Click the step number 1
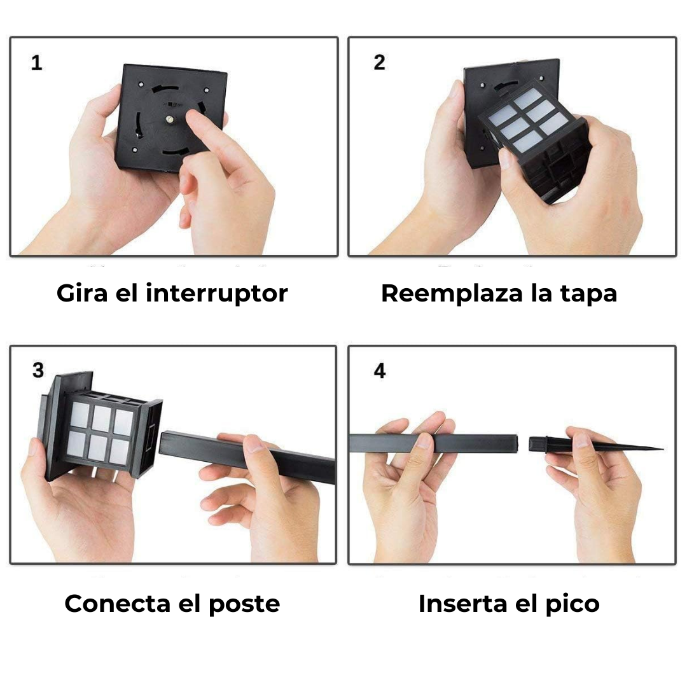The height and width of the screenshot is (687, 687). pyautogui.click(x=37, y=62)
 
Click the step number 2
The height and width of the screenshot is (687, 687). pyautogui.click(x=379, y=62)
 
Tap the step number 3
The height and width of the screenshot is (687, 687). pyautogui.click(x=38, y=370)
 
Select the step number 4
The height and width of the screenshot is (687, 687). pyautogui.click(x=380, y=371)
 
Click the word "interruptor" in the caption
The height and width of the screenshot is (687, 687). pyautogui.click(x=216, y=293)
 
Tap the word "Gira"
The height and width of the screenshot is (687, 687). pyautogui.click(x=82, y=293)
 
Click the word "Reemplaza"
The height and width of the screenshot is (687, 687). pyautogui.click(x=452, y=293)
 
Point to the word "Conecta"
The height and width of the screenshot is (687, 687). pyautogui.click(x=117, y=604)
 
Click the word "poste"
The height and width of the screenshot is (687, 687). pyautogui.click(x=244, y=605)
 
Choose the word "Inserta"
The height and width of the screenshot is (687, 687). pyautogui.click(x=463, y=604)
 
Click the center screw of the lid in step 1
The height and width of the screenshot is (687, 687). pyautogui.click(x=169, y=118)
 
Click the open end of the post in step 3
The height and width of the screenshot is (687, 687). pyautogui.click(x=163, y=443)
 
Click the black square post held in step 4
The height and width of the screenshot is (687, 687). pyautogui.click(x=434, y=443)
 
